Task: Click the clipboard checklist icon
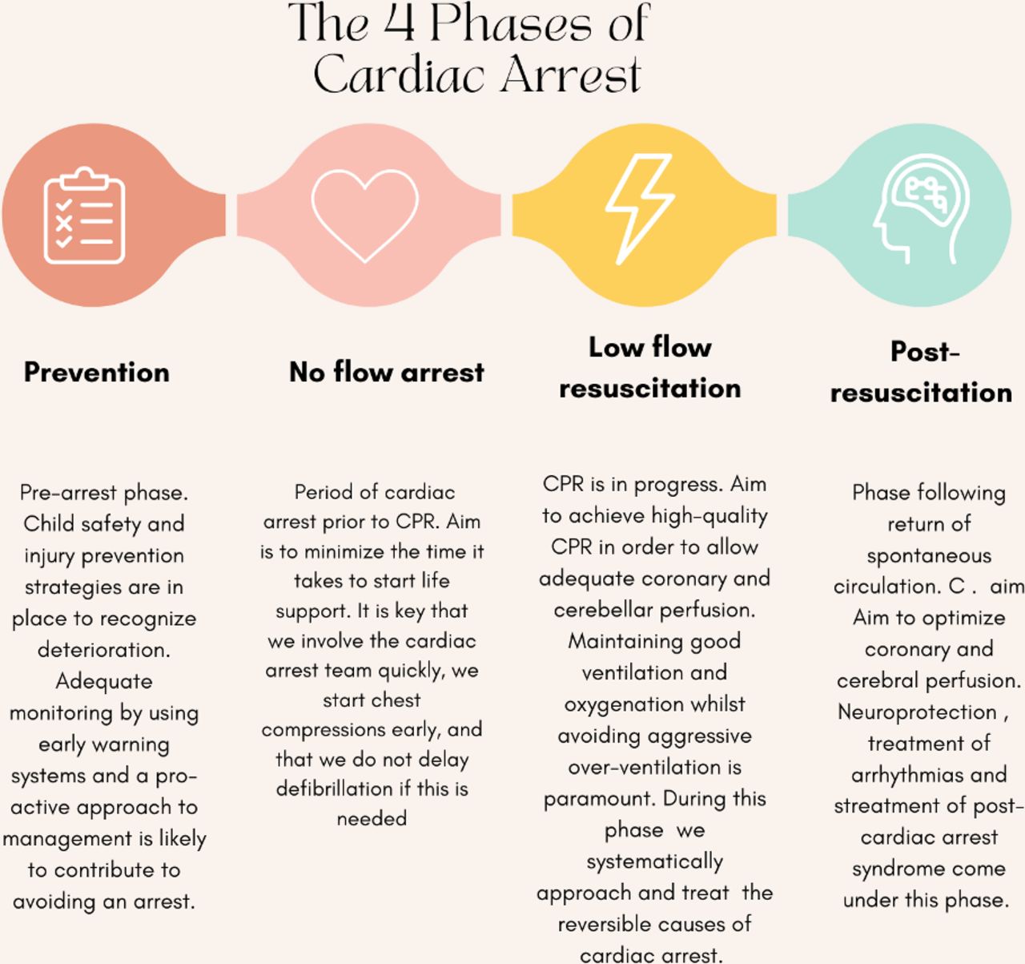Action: tap(85, 215)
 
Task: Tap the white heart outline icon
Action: tap(365, 216)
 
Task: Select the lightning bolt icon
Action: tap(640, 209)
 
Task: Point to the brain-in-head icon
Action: tap(922, 209)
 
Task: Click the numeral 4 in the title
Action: tap(399, 22)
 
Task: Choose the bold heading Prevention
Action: tap(97, 373)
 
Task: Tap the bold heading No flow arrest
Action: tap(387, 372)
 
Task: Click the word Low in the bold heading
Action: tap(617, 347)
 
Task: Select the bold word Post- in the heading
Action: tap(925, 352)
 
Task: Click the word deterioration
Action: tap(104, 650)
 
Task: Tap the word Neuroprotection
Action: tap(917, 712)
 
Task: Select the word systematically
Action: tap(654, 862)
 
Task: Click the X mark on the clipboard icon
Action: tap(63, 224)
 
